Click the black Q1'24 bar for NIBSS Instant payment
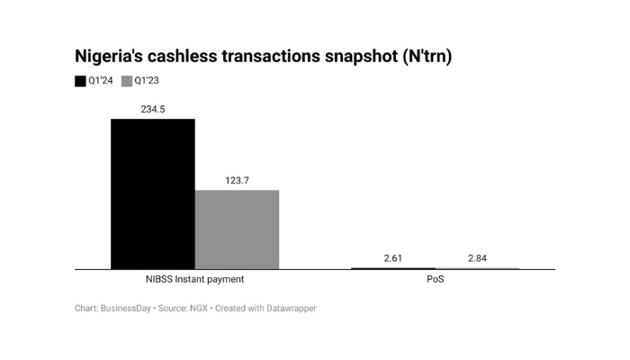152,193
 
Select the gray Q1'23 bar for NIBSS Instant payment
237,229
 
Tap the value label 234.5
152,110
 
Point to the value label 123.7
237,181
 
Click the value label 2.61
392,259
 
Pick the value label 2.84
477,259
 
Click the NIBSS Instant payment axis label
194,279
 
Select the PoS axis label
436,279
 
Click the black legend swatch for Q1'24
80,82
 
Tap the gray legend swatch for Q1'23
126,82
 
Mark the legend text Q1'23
148,82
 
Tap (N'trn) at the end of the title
427,57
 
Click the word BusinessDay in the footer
127,309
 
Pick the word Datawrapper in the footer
289,309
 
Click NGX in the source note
194,309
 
